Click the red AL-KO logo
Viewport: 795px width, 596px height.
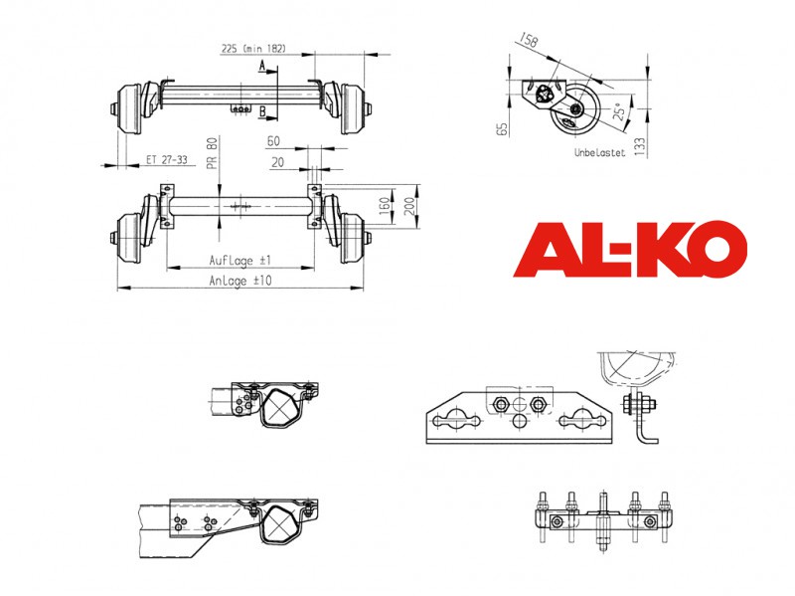click(x=630, y=250)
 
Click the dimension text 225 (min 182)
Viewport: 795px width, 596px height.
click(x=253, y=49)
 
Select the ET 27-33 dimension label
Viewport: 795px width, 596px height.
click(x=166, y=159)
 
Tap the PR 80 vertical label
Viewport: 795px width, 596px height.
click(x=212, y=152)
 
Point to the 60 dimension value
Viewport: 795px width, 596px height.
click(x=273, y=141)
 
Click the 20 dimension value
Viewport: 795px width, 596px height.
click(x=277, y=162)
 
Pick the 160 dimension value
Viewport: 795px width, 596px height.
click(x=385, y=205)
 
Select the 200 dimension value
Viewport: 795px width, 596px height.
click(x=409, y=206)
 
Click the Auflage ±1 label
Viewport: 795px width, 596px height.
click(x=240, y=261)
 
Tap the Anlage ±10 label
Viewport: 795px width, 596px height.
click(x=240, y=281)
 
